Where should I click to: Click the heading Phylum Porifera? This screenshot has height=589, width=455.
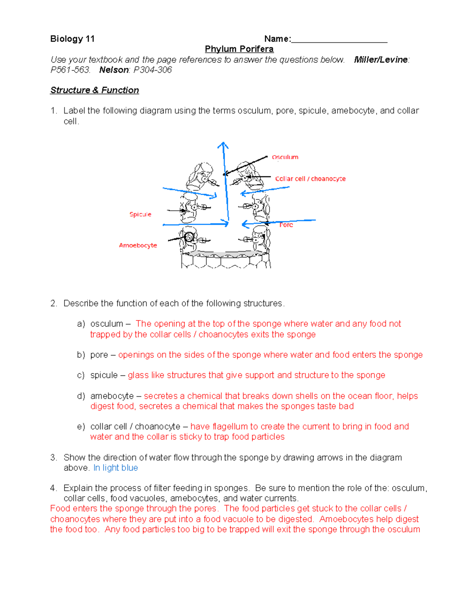[x=239, y=49]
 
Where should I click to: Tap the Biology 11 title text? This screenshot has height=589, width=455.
[x=72, y=39]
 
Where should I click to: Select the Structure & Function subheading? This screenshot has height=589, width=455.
[x=94, y=90]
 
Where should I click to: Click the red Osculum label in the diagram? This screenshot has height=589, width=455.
[x=285, y=157]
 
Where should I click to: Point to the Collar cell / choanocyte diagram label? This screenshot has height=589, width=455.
[x=310, y=179]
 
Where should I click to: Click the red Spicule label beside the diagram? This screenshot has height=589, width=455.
[x=140, y=214]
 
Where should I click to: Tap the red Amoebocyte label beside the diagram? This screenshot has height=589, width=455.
[x=138, y=245]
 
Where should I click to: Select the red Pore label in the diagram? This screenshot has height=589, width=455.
[x=286, y=225]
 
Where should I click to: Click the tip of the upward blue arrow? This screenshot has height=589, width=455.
[x=223, y=143]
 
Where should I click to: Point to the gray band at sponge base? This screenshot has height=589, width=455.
[x=226, y=253]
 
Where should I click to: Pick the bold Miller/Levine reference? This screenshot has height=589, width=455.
[x=381, y=60]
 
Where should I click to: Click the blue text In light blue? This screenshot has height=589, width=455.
[x=116, y=468]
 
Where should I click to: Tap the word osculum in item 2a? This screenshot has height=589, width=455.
[x=107, y=324]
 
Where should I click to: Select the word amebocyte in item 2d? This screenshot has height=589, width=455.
[x=112, y=396]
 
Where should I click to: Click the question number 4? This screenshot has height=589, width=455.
[x=53, y=488]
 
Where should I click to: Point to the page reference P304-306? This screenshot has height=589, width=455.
[x=153, y=70]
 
